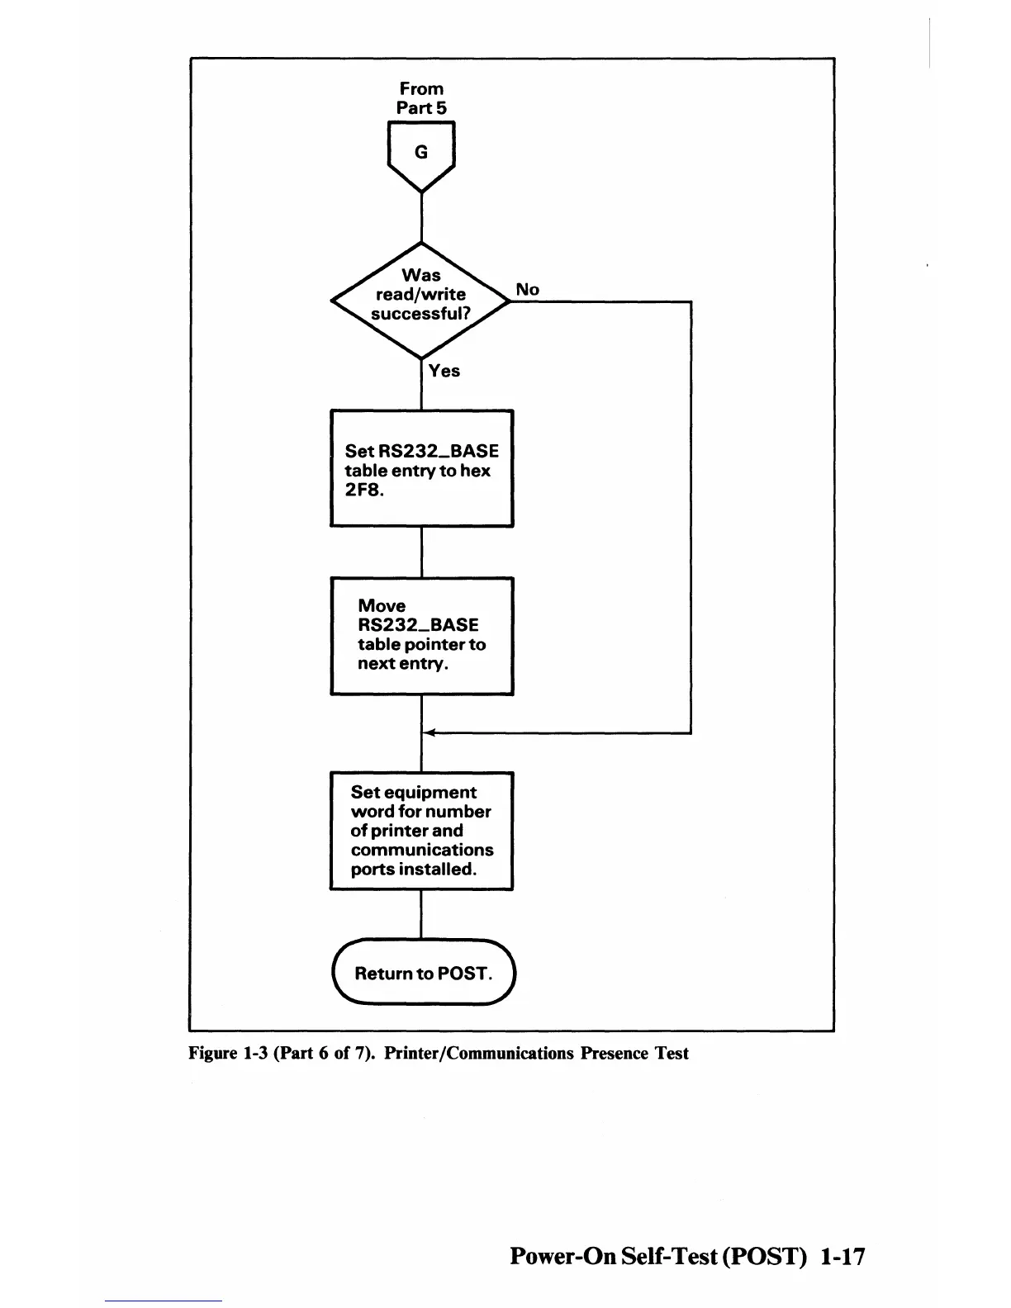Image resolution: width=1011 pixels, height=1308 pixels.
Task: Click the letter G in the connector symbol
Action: coord(421,153)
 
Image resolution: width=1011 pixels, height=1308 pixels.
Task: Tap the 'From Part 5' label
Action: coord(421,98)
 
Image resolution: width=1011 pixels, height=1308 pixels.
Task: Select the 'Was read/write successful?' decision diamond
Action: coord(421,301)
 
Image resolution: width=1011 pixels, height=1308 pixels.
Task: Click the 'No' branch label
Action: coord(527,290)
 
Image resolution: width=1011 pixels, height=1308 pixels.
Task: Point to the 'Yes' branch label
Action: coord(444,372)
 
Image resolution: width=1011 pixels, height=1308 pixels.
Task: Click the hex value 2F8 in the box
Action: coord(364,490)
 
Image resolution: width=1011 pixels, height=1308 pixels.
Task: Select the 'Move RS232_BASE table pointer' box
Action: coord(421,636)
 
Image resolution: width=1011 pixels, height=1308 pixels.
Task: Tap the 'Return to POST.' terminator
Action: coord(423,973)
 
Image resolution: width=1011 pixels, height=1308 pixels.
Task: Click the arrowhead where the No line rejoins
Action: coord(428,732)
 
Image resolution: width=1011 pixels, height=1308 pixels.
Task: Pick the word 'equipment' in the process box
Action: coord(430,793)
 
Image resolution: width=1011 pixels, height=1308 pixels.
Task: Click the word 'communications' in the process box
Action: coord(422,850)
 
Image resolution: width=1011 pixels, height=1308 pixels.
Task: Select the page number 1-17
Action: coord(843,1257)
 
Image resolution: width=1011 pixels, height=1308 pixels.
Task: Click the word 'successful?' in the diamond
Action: coord(421,314)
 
